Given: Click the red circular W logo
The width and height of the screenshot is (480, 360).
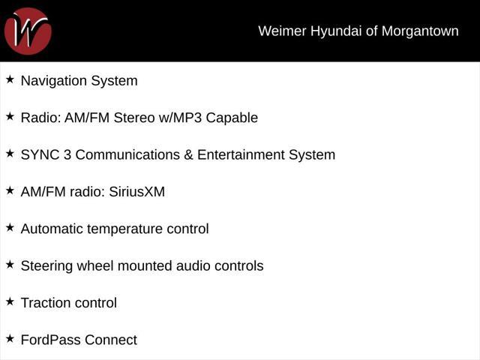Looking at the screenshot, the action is tap(28, 31).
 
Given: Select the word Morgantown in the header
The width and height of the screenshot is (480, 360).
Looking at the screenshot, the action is tap(420, 31).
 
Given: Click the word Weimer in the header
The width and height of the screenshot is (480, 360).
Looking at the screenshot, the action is tap(282, 31).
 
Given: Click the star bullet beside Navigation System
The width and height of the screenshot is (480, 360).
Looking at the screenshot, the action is tap(10, 79).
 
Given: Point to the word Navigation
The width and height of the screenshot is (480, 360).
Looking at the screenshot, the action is tap(54, 81).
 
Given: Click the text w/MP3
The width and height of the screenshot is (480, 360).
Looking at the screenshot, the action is tap(180, 118).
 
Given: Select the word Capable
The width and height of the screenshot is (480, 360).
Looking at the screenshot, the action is tap(232, 118).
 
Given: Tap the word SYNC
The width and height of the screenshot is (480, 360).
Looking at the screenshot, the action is tap(40, 155).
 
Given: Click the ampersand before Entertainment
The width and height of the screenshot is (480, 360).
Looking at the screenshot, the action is tap(188, 155).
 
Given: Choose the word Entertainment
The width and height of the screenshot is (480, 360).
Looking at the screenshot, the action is tap(241, 155).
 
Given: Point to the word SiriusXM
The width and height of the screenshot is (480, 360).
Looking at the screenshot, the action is tap(136, 192).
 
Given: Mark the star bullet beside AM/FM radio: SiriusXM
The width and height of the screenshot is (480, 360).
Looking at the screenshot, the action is tap(10, 190).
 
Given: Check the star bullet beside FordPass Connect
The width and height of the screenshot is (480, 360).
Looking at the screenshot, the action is tap(10, 338).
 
